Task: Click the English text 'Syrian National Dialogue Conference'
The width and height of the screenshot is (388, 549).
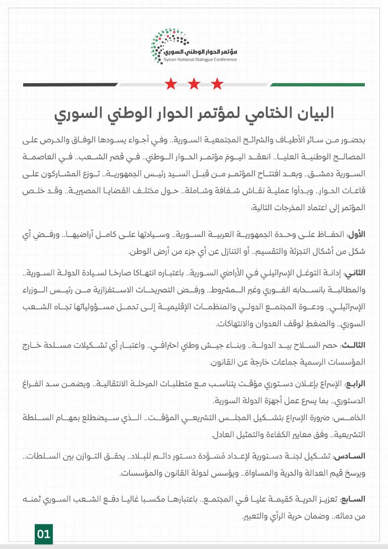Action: [200, 60]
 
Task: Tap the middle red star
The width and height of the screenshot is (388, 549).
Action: [194, 84]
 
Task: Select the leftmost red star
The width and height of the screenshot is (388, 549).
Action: [171, 84]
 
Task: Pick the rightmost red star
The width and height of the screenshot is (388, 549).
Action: [217, 84]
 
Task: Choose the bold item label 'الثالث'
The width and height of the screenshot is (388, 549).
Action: [353, 345]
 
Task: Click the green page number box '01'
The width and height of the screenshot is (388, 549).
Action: [44, 534]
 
